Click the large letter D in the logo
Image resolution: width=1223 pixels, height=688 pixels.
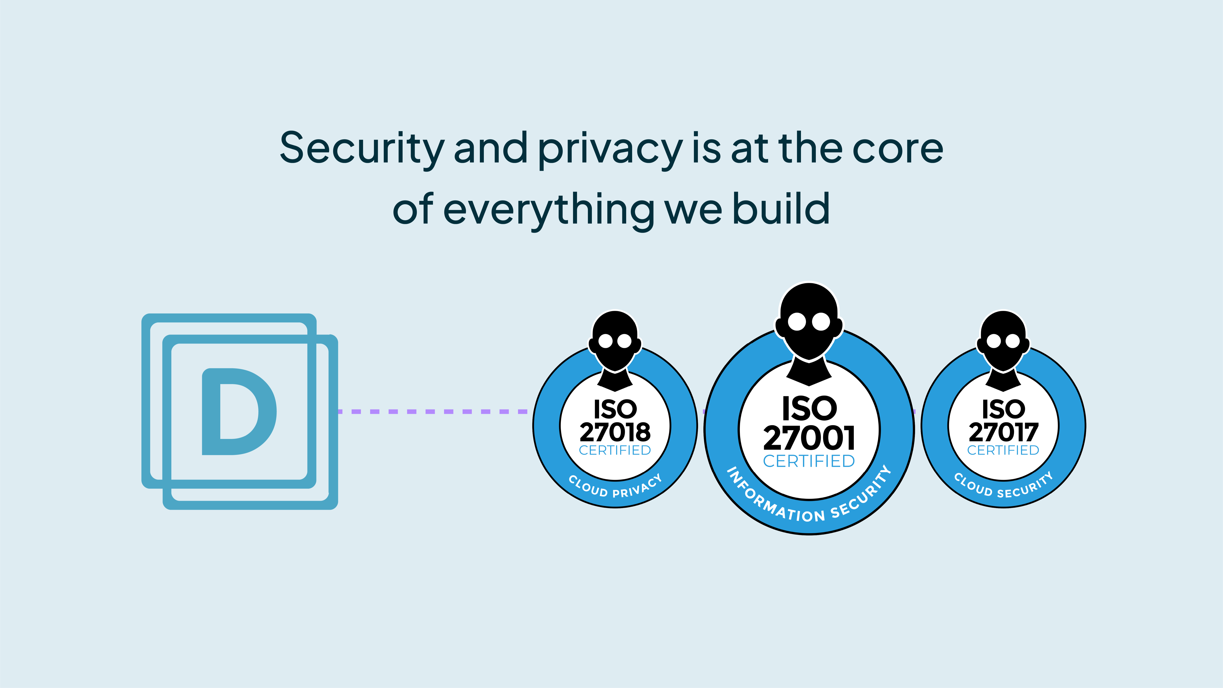click(x=239, y=412)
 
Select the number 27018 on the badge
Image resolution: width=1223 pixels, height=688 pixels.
click(x=615, y=432)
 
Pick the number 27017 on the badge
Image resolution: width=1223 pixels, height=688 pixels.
click(x=1003, y=432)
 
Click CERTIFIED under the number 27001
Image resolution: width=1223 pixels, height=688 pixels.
click(x=809, y=461)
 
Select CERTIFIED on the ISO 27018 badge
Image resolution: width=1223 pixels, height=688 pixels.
click(x=615, y=450)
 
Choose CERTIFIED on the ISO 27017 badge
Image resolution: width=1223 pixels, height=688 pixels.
click(x=1003, y=450)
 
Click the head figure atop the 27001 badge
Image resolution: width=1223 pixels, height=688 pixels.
click(x=809, y=323)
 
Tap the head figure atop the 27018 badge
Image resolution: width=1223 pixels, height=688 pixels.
click(x=615, y=342)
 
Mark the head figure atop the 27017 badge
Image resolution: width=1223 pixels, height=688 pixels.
click(x=1003, y=342)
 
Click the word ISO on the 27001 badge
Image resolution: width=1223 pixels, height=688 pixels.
click(x=809, y=408)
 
